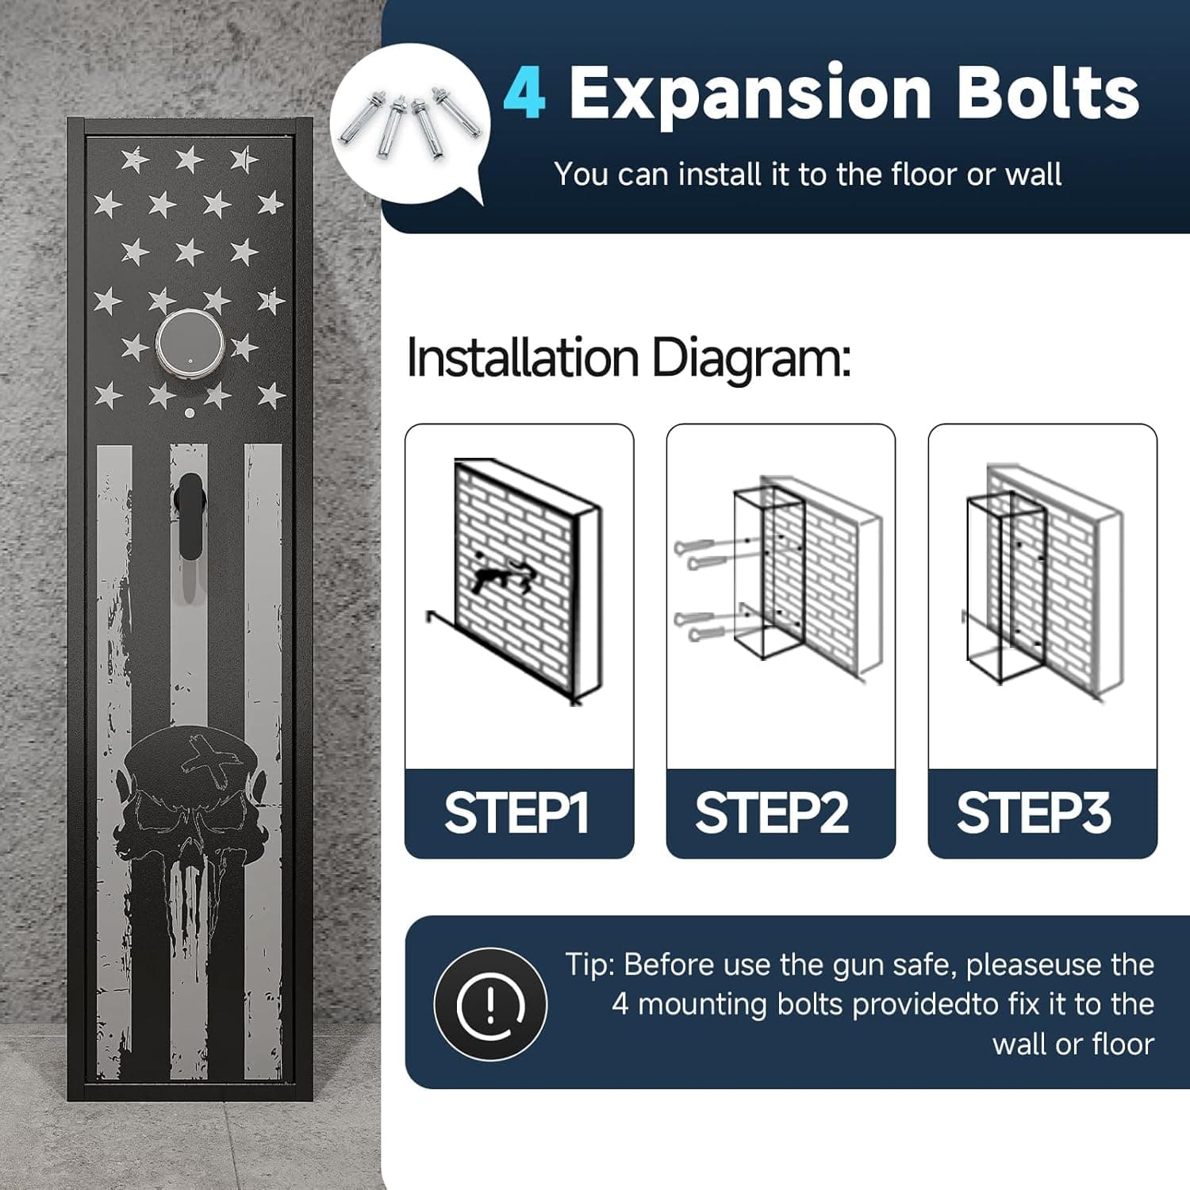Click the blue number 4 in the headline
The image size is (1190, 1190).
[x=524, y=94]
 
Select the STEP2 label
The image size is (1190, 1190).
[x=772, y=813]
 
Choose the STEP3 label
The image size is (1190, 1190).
[x=1034, y=813]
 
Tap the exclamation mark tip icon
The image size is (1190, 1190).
[x=490, y=1004]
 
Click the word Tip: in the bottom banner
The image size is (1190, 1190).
[x=590, y=965]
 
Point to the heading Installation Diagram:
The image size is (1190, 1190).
[x=628, y=358]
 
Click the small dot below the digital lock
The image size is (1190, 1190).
[x=188, y=413]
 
